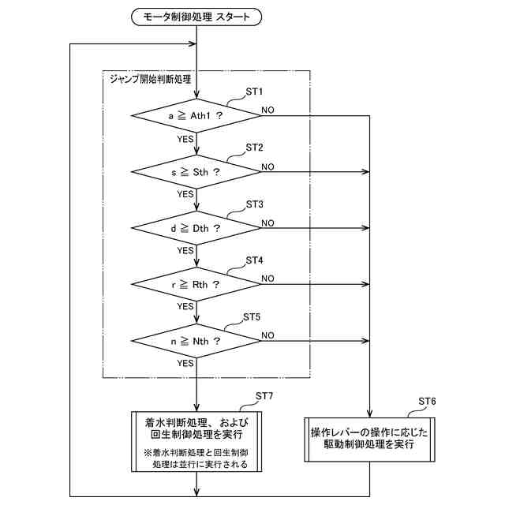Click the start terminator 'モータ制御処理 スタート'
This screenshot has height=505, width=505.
pos(195,16)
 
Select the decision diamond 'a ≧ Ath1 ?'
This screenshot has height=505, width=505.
pos(195,115)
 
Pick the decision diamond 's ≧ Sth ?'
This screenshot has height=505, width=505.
pos(195,171)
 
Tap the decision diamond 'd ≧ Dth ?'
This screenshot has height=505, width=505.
pos(195,227)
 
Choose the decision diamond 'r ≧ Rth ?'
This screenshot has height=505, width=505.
pos(195,283)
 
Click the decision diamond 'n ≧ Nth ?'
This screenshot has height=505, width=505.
pos(195,340)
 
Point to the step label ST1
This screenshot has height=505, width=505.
pos(254,92)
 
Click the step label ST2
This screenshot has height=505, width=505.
pos(254,148)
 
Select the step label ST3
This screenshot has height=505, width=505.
pos(254,204)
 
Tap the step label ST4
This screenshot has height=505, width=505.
pos(254,260)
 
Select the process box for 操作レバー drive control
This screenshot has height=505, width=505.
pos(370,439)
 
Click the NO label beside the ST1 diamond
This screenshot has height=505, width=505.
pos(268,110)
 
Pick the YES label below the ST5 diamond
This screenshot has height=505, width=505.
pos(185,363)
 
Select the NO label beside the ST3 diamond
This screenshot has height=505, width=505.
pos(268,223)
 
